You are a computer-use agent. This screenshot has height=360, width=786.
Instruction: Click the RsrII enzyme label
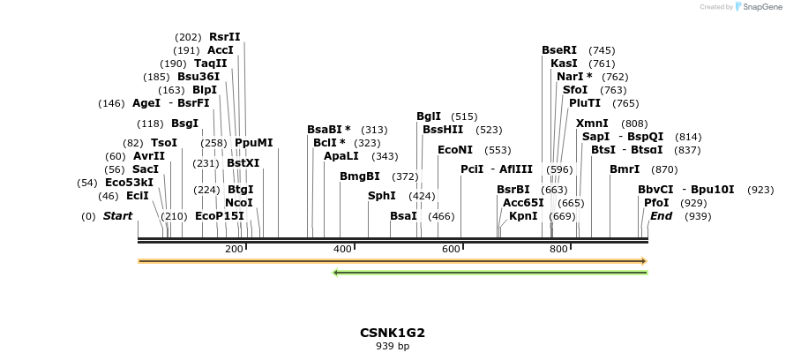224,37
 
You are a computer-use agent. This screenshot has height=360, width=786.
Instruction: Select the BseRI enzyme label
559,50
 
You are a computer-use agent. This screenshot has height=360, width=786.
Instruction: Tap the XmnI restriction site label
592,124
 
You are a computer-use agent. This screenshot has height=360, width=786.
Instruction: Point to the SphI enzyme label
382,196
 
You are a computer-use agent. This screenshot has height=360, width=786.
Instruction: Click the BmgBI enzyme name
360,176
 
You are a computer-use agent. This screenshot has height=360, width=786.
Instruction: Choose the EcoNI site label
456,150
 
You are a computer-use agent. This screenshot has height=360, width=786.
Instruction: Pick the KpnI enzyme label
523,216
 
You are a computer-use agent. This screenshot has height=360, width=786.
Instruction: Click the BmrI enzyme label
625,169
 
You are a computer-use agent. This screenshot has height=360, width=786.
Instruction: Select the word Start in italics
117,216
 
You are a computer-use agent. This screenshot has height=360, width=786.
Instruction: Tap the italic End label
661,216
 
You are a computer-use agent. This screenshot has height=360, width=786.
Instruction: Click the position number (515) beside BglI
464,116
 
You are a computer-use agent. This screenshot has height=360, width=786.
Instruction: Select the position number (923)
760,190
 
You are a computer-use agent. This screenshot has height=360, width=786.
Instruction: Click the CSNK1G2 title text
393,333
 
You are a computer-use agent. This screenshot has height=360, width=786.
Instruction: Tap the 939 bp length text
393,347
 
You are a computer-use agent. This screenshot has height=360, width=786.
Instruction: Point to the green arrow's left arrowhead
335,272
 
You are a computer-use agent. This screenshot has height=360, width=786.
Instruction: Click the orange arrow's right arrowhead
645,261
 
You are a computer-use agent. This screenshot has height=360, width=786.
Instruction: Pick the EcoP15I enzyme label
220,216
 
